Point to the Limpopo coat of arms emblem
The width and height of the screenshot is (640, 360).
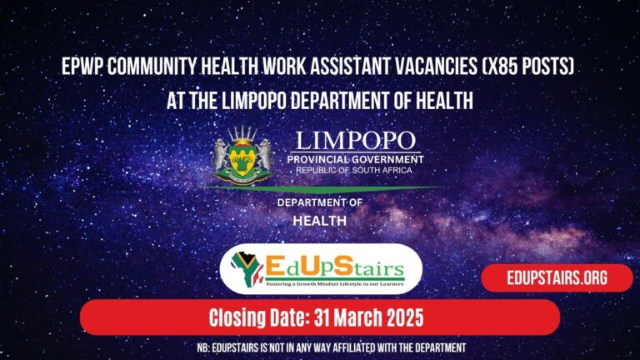click(243, 154)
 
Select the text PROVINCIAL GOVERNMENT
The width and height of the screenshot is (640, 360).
click(355, 159)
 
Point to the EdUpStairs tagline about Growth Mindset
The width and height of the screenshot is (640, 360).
click(321, 284)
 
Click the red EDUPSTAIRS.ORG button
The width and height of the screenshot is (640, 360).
click(557, 277)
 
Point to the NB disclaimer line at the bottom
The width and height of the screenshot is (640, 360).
click(320, 347)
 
